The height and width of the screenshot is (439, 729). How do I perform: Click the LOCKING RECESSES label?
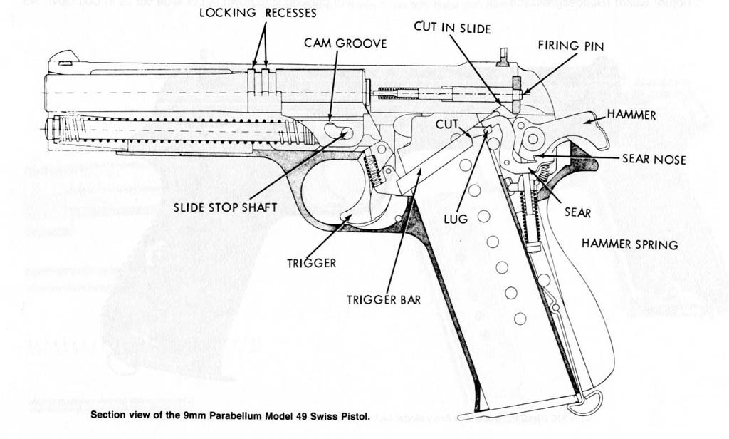point(258,13)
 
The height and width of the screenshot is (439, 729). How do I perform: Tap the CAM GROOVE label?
point(345,43)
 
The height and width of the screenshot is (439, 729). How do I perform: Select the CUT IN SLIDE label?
point(452,27)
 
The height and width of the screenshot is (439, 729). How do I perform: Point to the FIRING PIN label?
point(570,46)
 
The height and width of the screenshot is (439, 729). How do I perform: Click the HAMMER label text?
point(631,114)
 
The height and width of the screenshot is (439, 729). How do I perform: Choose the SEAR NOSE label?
point(654,160)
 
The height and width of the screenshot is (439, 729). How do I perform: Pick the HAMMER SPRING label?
point(629,244)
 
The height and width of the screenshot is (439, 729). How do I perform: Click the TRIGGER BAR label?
point(383,300)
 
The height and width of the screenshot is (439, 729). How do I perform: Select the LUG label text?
point(456,219)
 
